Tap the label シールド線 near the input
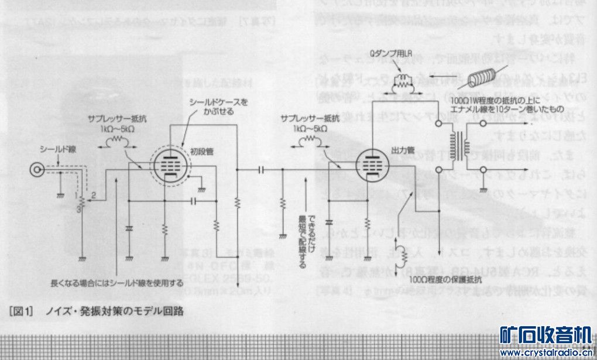(53, 149)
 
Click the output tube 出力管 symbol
(368, 166)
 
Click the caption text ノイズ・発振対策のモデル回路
(115, 311)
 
